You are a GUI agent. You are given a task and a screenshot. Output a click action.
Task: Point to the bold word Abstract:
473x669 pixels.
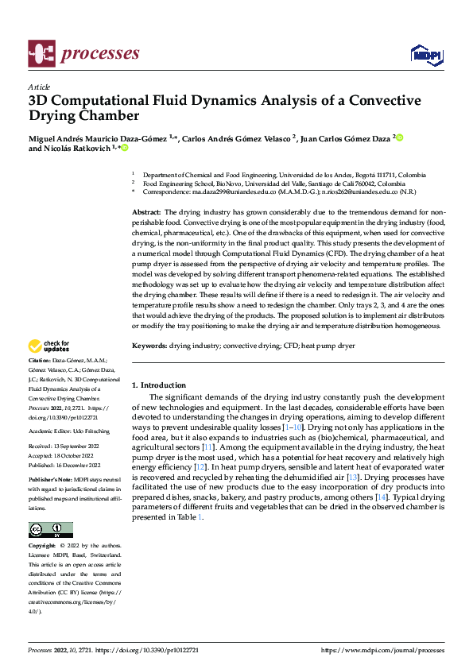point(146,213)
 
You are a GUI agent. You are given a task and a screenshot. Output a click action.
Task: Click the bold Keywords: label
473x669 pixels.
point(149,346)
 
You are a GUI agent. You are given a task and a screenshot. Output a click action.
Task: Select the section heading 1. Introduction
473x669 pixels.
point(159,385)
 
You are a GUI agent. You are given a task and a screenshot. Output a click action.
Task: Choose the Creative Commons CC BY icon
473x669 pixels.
point(50,530)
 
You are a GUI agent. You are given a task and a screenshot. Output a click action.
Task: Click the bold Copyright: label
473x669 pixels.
point(45,546)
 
